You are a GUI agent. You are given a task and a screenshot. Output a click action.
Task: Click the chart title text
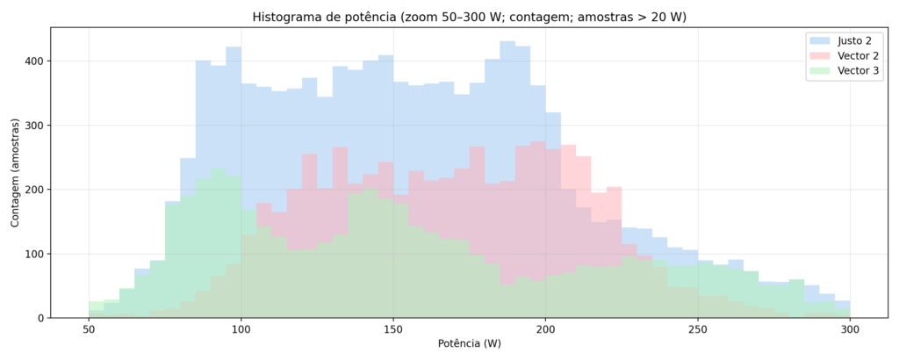469,17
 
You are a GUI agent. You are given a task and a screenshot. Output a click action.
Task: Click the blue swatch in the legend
820,40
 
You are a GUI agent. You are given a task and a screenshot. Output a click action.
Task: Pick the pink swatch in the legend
820,56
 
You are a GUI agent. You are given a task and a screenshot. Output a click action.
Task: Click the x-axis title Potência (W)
469,344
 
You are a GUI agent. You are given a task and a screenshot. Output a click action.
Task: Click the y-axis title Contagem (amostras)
16,172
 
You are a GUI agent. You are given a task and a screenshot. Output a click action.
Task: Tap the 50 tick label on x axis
89,329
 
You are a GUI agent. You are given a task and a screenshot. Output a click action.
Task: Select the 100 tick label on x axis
241,329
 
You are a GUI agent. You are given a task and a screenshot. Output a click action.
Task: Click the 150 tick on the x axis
393,329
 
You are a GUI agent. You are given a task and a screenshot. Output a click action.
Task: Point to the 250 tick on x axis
697,329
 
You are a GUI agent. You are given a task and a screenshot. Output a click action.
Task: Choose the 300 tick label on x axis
850,329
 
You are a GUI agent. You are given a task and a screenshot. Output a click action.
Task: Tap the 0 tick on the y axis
40,318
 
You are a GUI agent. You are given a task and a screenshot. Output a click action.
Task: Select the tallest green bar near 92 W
218,246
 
